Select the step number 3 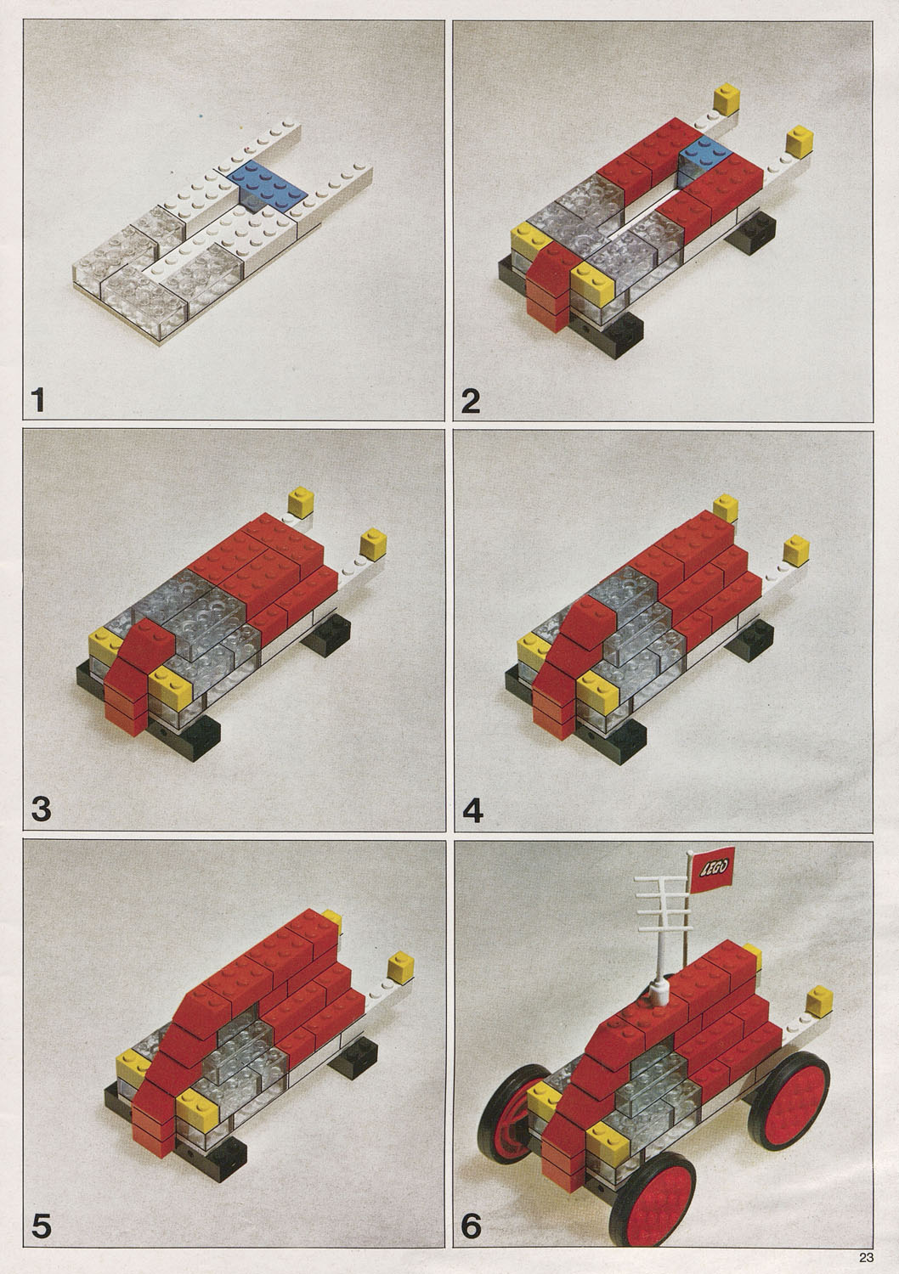point(41,809)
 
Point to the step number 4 point(472,809)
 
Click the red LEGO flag point(712,867)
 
